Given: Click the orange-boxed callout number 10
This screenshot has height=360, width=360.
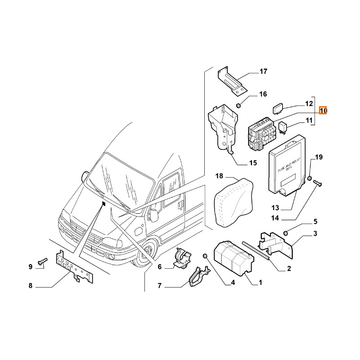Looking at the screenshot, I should point(324,111).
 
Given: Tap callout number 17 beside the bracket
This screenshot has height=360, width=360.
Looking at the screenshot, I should point(263,71).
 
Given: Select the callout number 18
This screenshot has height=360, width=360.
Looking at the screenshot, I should point(219,175).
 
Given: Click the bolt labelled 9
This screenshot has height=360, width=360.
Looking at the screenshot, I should point(42,261).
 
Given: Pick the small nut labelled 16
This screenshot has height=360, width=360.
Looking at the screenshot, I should point(239,105).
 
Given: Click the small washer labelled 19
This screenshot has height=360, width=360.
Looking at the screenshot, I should point(310,180).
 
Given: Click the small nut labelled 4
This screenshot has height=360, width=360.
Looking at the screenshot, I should point(205,256).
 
